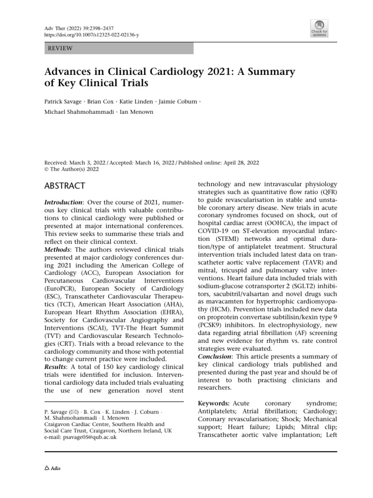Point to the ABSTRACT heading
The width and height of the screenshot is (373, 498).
(65, 186)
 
